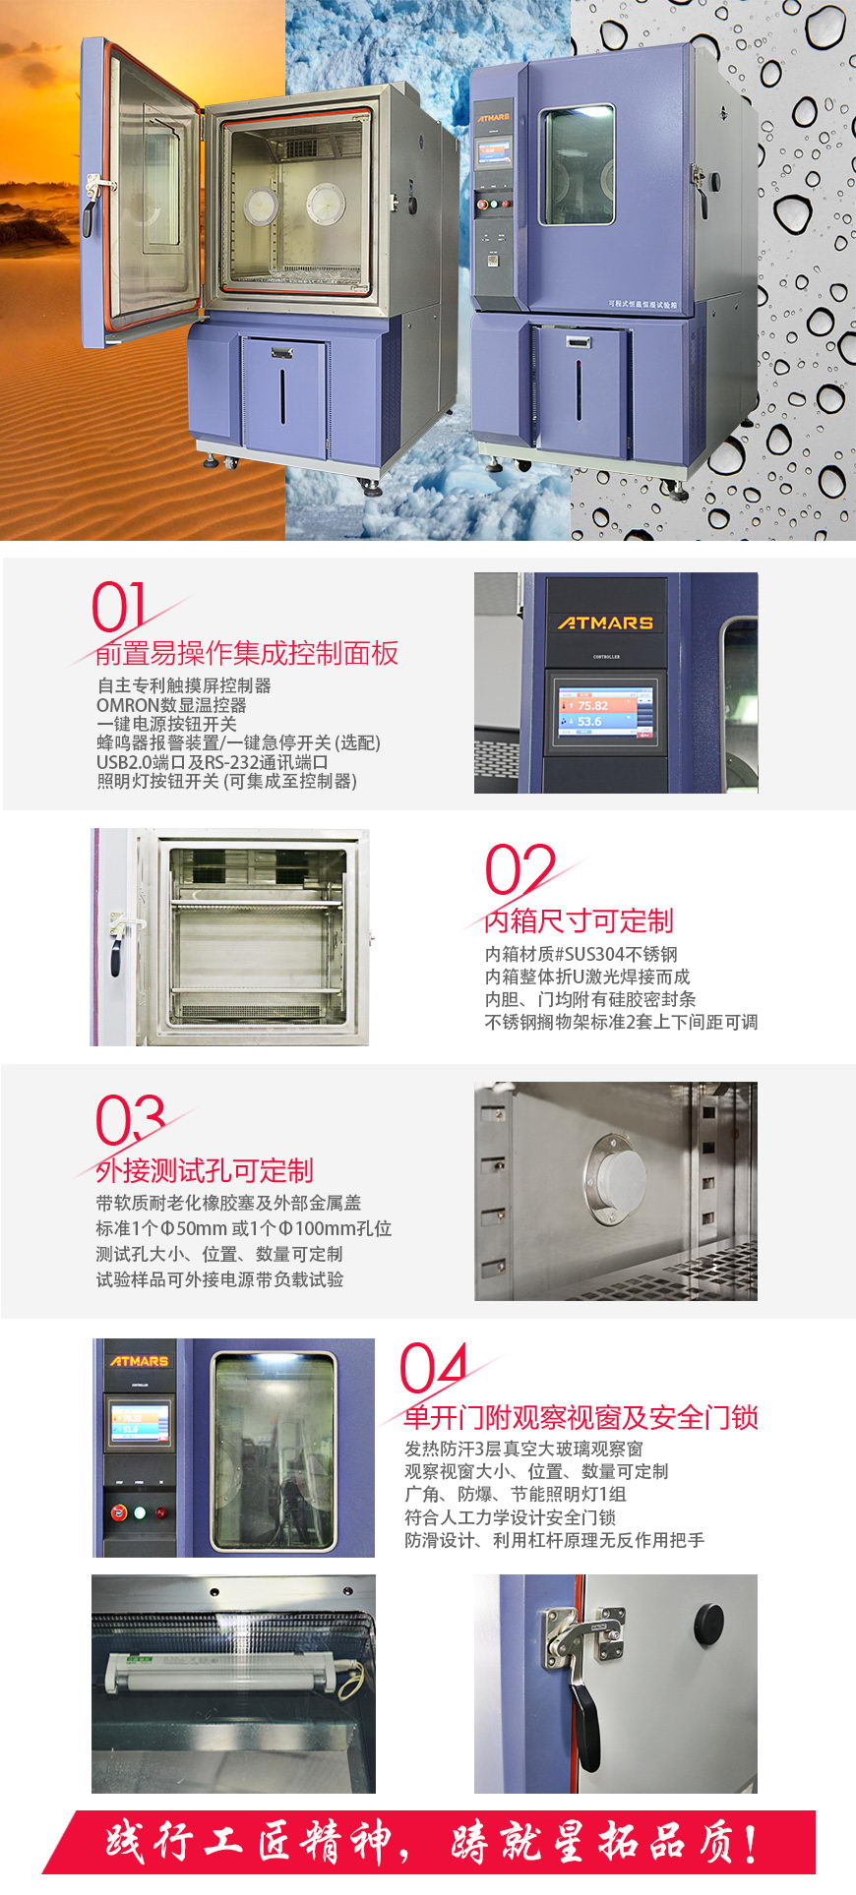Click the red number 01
119,607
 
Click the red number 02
520,869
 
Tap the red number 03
130,1119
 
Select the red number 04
434,1367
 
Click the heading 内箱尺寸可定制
579,920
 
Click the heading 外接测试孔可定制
205,1170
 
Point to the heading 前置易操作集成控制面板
247,653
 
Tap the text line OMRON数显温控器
171,705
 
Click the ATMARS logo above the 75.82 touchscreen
605,622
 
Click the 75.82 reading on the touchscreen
593,705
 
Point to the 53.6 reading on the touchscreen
589,721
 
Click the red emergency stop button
120,1511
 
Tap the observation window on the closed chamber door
577,164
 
